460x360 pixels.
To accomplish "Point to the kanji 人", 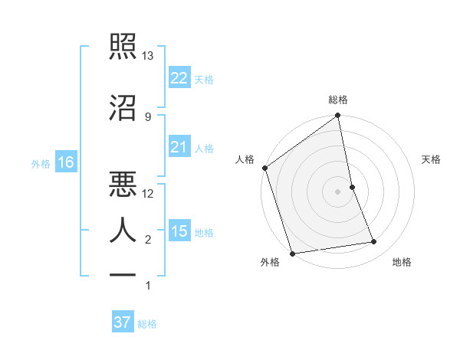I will tap(123, 230).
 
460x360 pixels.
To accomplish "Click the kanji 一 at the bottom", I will tap(123, 274).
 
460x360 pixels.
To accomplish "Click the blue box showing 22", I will tap(179, 78).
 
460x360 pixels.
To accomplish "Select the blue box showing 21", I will tap(179, 147).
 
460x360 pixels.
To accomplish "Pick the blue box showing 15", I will tap(179, 231).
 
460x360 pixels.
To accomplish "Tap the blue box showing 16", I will tap(65, 162).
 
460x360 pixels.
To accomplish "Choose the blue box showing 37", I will tap(123, 322).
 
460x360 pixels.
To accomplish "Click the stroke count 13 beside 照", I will tap(148, 56).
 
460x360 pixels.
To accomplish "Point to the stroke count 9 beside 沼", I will tap(147, 116).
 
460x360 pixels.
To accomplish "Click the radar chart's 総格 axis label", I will tap(338, 100).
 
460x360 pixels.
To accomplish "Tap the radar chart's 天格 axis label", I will tap(431, 159).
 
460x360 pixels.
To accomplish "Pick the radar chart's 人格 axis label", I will tap(245, 159).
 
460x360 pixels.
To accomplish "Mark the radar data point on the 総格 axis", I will tap(337, 116).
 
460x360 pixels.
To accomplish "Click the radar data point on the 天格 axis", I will tap(352, 186).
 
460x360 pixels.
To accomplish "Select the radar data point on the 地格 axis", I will tap(374, 242).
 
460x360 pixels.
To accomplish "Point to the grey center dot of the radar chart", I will tap(337, 191).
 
